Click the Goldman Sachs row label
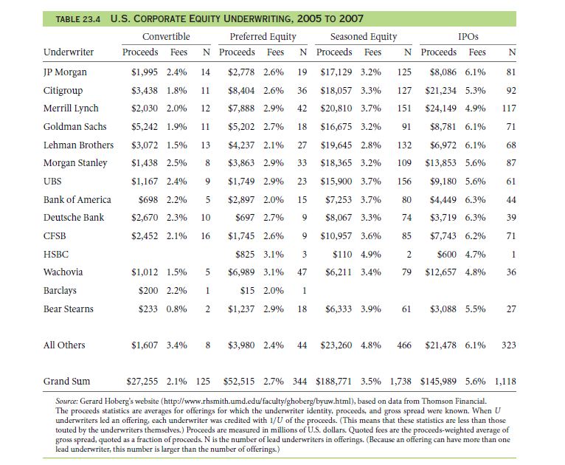tap(75, 126)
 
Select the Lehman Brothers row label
tap(78, 145)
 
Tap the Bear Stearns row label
tap(69, 309)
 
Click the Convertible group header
tap(166, 36)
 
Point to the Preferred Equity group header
tap(263, 37)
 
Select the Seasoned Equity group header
tap(364, 37)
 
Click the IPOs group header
tap(468, 36)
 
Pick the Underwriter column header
tap(69, 52)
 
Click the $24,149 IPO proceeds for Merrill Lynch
tap(440, 108)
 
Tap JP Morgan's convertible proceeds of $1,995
tap(145, 72)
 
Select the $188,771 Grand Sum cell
tap(333, 382)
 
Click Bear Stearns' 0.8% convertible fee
tap(176, 309)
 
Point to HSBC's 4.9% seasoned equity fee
tap(371, 255)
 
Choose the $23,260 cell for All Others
tap(336, 345)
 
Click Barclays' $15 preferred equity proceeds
tap(247, 291)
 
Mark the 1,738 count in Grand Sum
tap(401, 382)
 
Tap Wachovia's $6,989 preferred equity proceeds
tap(241, 272)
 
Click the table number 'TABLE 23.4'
tap(78, 19)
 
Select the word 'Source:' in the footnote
tap(66, 402)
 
